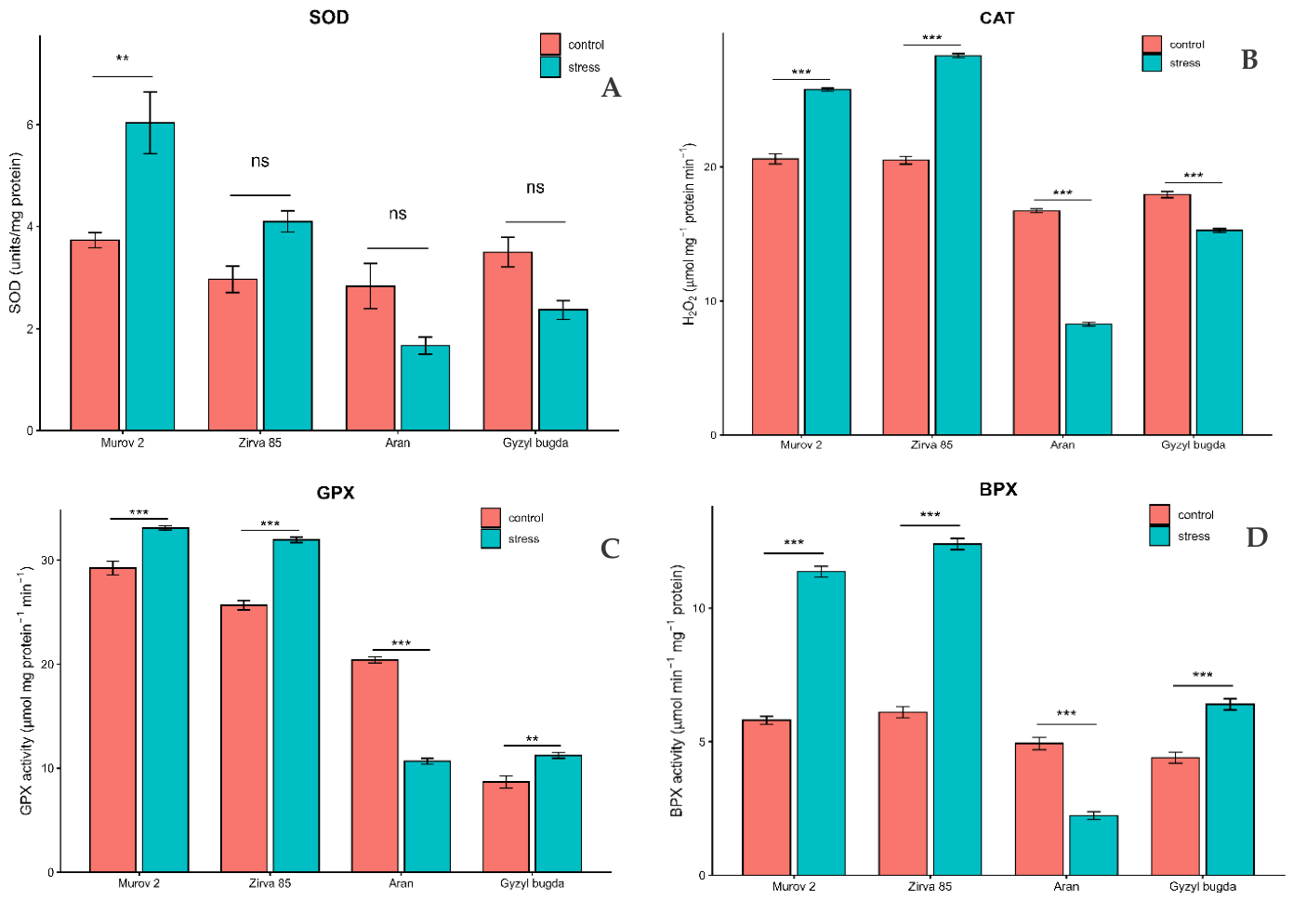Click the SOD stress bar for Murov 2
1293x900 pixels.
tap(150, 276)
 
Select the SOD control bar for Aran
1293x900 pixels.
tap(371, 358)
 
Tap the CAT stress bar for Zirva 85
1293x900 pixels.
tap(958, 245)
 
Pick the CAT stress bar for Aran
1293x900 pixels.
tap(1088, 379)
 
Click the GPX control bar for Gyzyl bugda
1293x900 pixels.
tap(507, 827)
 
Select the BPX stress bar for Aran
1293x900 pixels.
tap(1094, 845)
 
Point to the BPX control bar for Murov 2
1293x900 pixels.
tap(767, 797)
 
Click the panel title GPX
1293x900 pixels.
tap(336, 493)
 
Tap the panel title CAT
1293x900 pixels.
tap(996, 18)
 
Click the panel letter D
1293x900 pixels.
tap(1257, 537)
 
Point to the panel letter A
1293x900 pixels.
tap(612, 87)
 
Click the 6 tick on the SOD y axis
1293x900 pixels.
tap(30, 125)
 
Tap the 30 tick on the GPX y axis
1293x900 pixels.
tap(47, 561)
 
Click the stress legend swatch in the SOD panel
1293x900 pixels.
tap(550, 67)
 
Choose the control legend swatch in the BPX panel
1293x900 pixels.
tap(1159, 514)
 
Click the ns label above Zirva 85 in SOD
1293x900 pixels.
tap(259, 161)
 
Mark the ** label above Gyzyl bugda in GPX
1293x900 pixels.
tap(533, 739)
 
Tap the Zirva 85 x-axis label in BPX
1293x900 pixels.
tap(930, 887)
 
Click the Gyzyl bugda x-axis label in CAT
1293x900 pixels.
tap(1194, 445)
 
